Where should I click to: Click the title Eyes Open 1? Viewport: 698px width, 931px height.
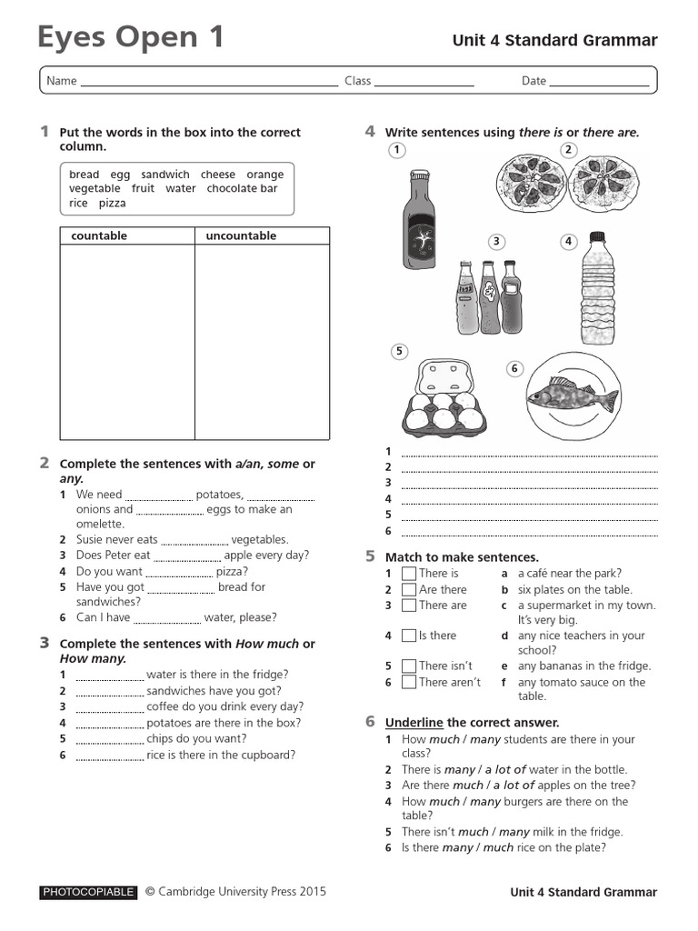[131, 37]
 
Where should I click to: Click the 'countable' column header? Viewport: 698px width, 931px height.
[99, 236]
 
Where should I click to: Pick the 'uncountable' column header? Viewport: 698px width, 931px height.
[241, 236]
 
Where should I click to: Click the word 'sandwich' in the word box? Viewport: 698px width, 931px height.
[165, 175]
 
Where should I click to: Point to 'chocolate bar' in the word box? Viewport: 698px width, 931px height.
[242, 189]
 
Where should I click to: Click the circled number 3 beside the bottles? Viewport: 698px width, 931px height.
[496, 241]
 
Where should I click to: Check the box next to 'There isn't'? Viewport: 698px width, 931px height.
[409, 666]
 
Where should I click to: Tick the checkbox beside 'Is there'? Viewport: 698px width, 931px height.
[409, 636]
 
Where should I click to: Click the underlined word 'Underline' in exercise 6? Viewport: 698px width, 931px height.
[414, 723]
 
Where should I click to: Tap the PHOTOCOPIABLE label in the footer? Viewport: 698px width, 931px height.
[88, 893]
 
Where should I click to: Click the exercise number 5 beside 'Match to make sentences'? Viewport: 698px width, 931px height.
[370, 556]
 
